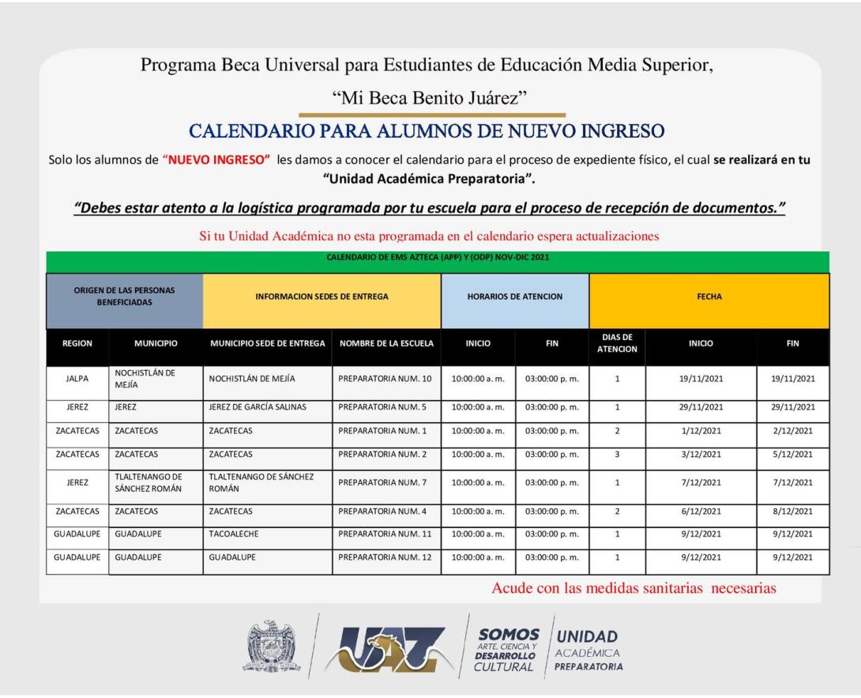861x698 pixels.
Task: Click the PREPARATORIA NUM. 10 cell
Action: coord(385,379)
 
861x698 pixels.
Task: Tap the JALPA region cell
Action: coord(77,379)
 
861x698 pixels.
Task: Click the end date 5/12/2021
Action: coord(793,455)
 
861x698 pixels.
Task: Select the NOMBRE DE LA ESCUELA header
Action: coord(385,344)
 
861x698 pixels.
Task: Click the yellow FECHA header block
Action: coord(709,297)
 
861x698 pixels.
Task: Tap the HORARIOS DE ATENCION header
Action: coord(515,297)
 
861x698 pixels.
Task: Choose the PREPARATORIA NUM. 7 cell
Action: coord(385,482)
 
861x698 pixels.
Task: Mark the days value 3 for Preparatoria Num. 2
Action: coord(617,455)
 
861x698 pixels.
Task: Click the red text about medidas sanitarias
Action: coord(634,588)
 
